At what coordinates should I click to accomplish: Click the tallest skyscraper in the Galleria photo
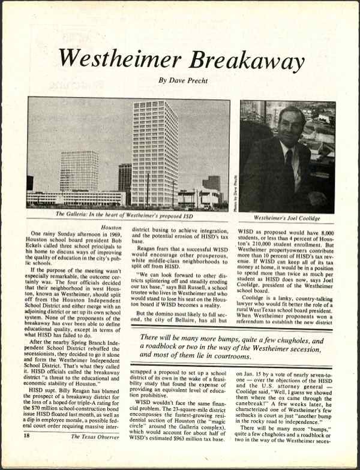155,153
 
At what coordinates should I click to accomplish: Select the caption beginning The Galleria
128,213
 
